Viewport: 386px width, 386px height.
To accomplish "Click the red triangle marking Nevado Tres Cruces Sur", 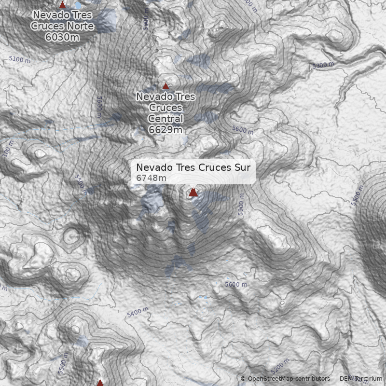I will [193, 193].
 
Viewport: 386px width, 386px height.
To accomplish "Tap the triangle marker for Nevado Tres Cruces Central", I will [165, 86].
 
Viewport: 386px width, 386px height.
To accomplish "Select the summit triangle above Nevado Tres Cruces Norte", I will [62, 4].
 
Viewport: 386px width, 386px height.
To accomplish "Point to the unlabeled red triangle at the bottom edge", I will [100, 383].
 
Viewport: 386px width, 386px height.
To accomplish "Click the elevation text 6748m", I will [151, 179].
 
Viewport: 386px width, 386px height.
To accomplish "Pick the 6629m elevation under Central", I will [165, 130].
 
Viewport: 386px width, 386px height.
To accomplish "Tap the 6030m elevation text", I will [62, 37].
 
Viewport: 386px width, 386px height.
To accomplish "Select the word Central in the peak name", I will [165, 119].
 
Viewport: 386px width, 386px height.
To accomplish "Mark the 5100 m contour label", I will [19, 60].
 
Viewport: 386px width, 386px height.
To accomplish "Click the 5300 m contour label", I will [323, 65].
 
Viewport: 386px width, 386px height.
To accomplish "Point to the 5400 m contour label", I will [138, 313].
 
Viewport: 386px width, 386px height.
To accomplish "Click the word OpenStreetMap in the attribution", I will [271, 379].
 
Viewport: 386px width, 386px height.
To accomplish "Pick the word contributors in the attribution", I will [313, 379].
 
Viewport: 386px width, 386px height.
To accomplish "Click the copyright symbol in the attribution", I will [243, 379].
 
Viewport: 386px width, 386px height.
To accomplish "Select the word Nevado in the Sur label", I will [151, 167].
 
